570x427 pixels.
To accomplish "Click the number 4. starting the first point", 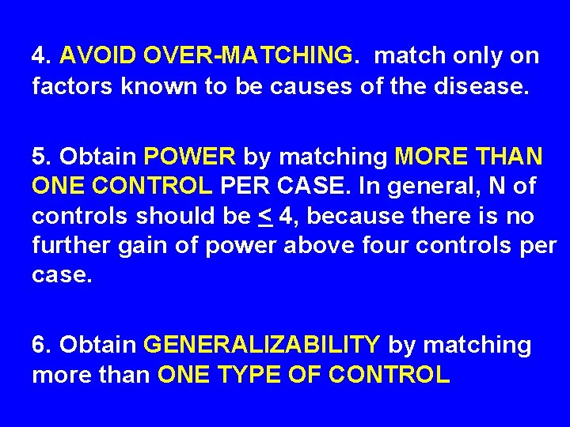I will (x=41, y=56).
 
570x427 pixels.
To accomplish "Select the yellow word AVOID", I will (x=97, y=56).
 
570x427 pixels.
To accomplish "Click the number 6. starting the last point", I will (x=41, y=346).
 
